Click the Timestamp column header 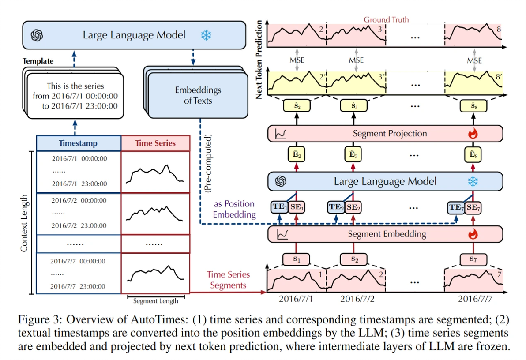pos(78,143)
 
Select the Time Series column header pos(155,143)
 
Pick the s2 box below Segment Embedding pos(355,259)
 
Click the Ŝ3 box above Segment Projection pos(355,106)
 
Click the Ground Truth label pos(386,19)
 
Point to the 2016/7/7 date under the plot pos(474,299)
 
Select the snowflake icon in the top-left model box pos(206,35)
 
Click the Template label pos(38,61)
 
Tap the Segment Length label pos(155,301)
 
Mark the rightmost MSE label pos(474,60)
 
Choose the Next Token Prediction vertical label pos(259,60)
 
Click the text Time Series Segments pos(228,280)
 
